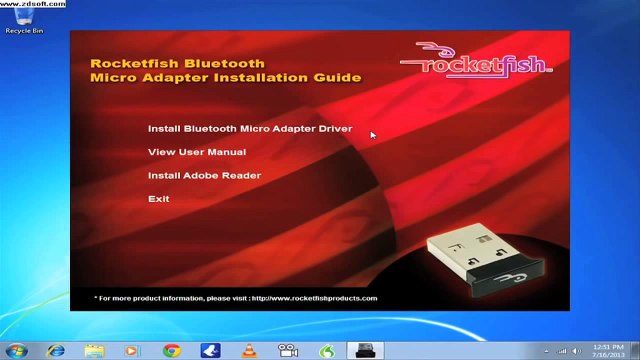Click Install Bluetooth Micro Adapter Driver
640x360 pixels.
coord(249,129)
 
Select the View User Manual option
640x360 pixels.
coord(196,152)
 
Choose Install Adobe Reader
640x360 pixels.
coord(204,176)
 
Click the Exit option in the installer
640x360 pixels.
coord(158,199)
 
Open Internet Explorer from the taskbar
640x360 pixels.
coord(56,350)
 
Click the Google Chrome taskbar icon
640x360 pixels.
coord(171,350)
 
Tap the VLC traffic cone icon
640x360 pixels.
coord(249,350)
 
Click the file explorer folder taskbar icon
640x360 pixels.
coord(94,350)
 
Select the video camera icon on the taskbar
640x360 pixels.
coord(288,350)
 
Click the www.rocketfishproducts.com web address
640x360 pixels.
coord(314,298)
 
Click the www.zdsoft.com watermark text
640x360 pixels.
coord(33,4)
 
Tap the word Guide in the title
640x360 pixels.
coord(341,77)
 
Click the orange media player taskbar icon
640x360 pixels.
coord(132,350)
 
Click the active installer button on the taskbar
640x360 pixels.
coord(362,350)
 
